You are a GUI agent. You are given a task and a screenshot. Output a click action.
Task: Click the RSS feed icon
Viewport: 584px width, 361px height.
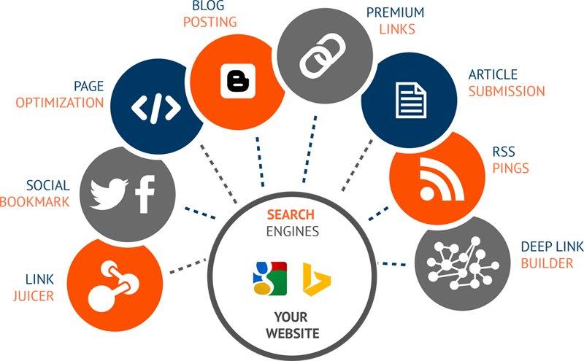[437, 180]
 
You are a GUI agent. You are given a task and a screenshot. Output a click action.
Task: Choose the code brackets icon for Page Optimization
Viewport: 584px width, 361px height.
[155, 106]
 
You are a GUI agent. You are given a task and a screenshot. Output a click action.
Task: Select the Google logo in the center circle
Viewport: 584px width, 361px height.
[266, 276]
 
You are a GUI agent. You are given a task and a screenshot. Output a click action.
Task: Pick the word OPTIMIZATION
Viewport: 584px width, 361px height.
[60, 102]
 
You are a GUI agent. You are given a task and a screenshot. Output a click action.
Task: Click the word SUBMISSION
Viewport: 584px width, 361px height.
[507, 91]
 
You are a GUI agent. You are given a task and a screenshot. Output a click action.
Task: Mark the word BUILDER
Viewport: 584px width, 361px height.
[547, 263]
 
